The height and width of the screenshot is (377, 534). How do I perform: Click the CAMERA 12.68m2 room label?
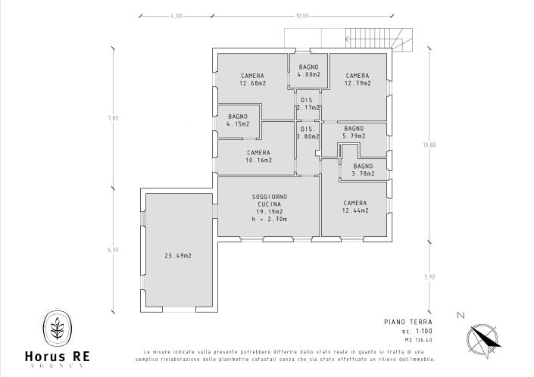pyautogui.click(x=252, y=79)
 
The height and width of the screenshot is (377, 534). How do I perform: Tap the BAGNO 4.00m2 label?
pyautogui.click(x=308, y=71)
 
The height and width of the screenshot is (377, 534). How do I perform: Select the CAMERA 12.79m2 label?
pyautogui.click(x=357, y=79)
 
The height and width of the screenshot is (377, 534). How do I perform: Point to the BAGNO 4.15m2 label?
pyautogui.click(x=238, y=120)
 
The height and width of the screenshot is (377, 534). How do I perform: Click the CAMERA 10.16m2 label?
pyautogui.click(x=258, y=157)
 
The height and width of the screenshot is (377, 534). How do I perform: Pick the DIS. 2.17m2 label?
pyautogui.click(x=308, y=104)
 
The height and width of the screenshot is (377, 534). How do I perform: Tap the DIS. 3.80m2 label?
pyautogui.click(x=308, y=133)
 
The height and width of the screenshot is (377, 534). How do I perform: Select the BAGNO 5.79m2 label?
pyautogui.click(x=354, y=132)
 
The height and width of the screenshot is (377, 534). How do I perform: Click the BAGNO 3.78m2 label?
pyautogui.click(x=363, y=170)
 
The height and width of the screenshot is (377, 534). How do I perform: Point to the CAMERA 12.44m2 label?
pyautogui.click(x=354, y=207)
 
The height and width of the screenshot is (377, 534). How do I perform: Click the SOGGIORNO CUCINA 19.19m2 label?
pyautogui.click(x=268, y=204)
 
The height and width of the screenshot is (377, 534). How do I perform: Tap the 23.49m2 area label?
pyautogui.click(x=178, y=256)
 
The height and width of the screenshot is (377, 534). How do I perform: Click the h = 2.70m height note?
pyautogui.click(x=268, y=220)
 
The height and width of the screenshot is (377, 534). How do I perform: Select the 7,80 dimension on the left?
pyautogui.click(x=113, y=117)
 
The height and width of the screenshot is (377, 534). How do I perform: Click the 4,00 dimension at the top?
pyautogui.click(x=176, y=15)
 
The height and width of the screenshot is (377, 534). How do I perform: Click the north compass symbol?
pyautogui.click(x=482, y=336)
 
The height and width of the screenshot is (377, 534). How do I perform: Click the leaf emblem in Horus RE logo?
pyautogui.click(x=57, y=329)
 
